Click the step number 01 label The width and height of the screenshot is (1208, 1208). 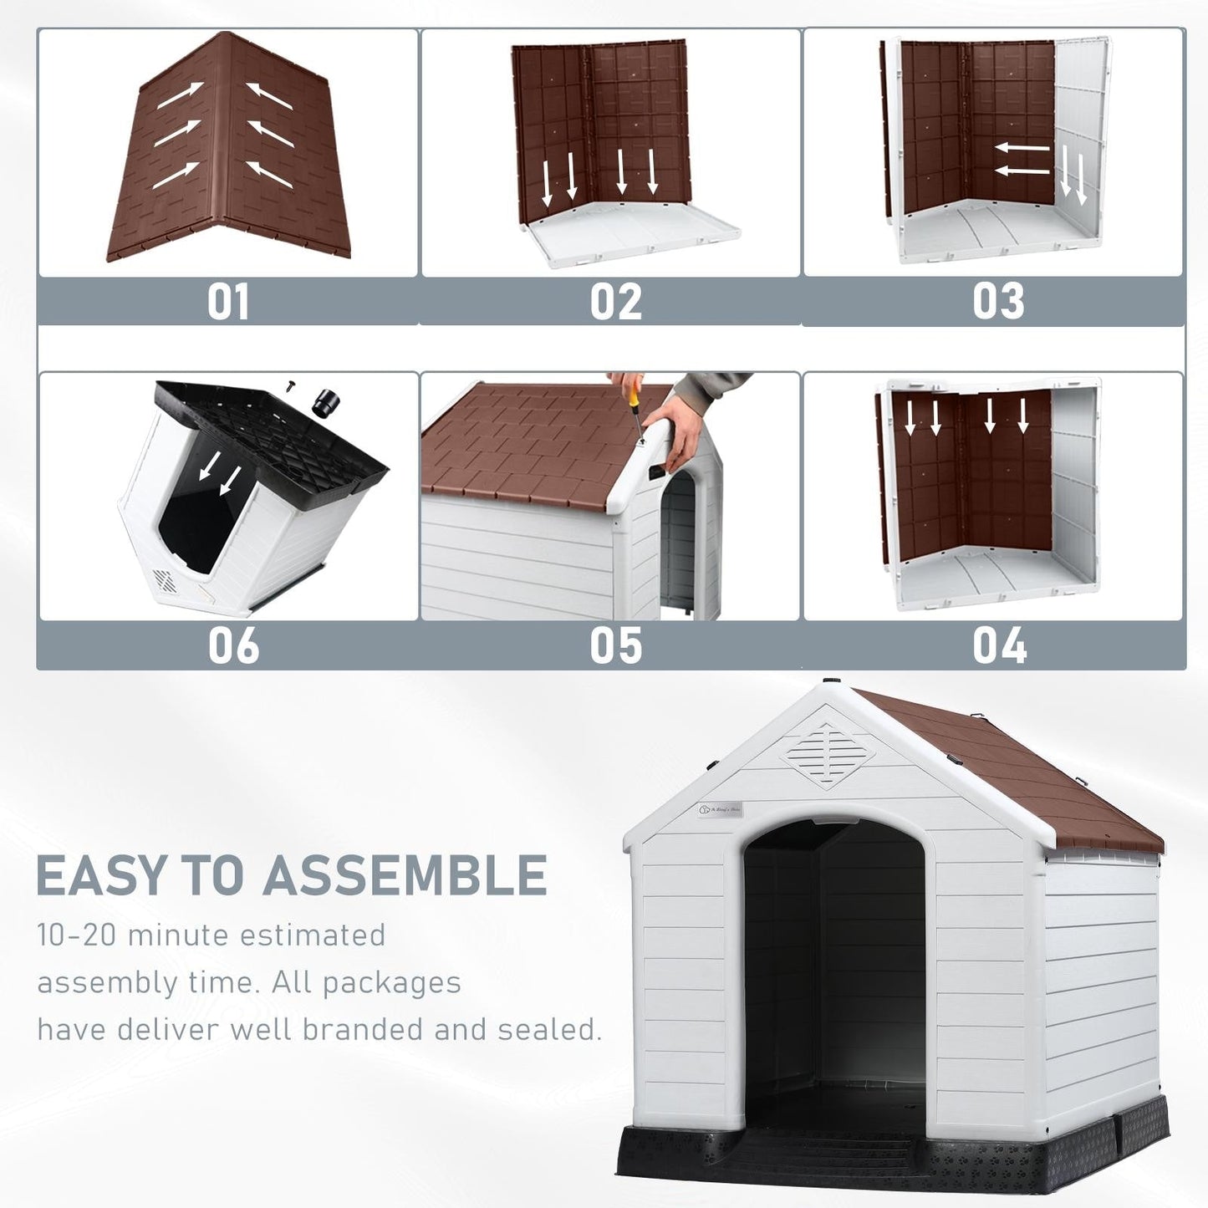point(228,302)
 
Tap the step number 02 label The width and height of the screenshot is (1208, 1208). point(616,302)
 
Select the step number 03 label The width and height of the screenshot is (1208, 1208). point(998,302)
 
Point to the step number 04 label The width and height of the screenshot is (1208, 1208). point(999,646)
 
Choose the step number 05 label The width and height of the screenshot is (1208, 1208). point(616,646)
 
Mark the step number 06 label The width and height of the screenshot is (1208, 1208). point(233,646)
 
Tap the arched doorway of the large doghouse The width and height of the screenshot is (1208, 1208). point(834,961)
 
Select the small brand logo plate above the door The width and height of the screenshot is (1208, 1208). point(720,809)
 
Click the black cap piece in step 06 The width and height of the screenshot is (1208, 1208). point(325,403)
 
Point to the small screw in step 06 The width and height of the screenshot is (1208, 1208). point(290,385)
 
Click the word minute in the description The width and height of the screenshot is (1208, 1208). point(178,935)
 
